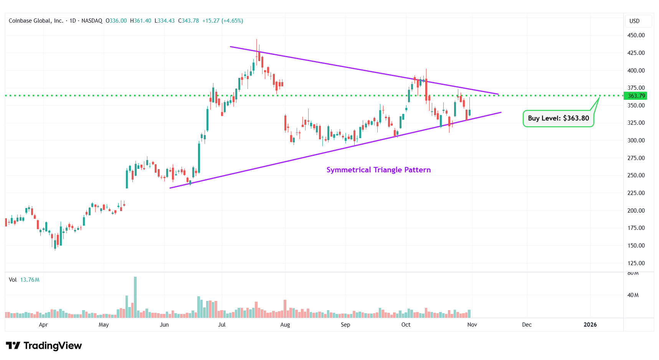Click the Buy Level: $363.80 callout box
pyautogui.click(x=558, y=118)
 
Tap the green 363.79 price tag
pyautogui.click(x=636, y=96)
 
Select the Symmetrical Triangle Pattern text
pyautogui.click(x=378, y=170)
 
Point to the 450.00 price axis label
pyautogui.click(x=636, y=35)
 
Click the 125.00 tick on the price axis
pyautogui.click(x=636, y=263)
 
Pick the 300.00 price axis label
pyautogui.click(x=636, y=140)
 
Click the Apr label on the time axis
pyautogui.click(x=43, y=325)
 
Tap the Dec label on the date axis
pyautogui.click(x=527, y=325)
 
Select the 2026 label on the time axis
pyautogui.click(x=590, y=325)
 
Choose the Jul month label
pyautogui.click(x=221, y=325)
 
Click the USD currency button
pyautogui.click(x=634, y=21)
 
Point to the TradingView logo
pyautogui.click(x=44, y=346)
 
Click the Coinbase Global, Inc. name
pyautogui.click(x=36, y=21)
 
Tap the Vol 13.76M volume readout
pyautogui.click(x=24, y=280)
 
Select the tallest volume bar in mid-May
pyautogui.click(x=135, y=297)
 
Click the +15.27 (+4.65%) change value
pyautogui.click(x=223, y=21)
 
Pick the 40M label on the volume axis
pyautogui.click(x=633, y=295)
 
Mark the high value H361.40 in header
pyautogui.click(x=140, y=21)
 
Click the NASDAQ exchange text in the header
pyautogui.click(x=92, y=21)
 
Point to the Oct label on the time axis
pyautogui.click(x=406, y=325)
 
